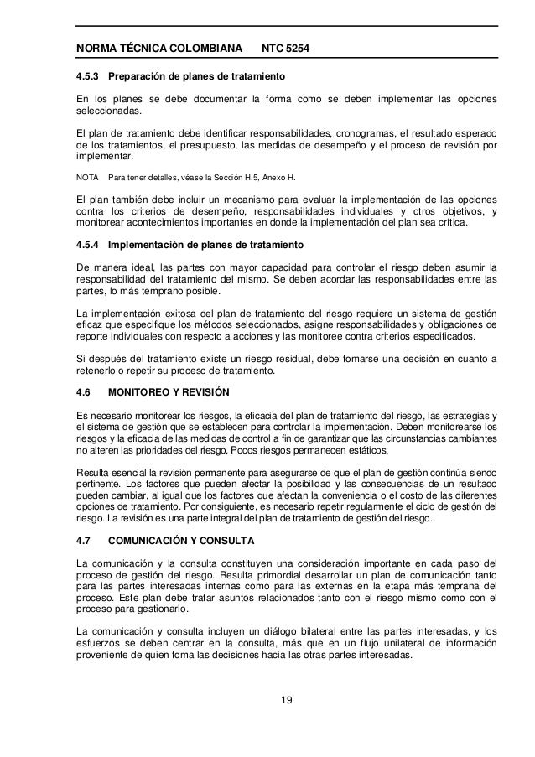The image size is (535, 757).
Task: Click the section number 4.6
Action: (x=82, y=392)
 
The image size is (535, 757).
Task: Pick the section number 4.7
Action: (x=82, y=541)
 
